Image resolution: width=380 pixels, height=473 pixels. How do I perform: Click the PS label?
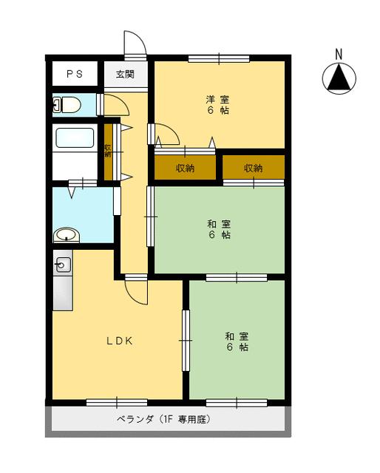point(74,74)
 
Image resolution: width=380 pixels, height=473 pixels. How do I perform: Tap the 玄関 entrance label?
point(125,74)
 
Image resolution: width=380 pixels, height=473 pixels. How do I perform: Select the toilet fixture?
point(67,105)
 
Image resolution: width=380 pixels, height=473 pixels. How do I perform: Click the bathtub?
point(75,140)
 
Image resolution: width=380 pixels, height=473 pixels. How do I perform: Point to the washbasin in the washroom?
point(67,236)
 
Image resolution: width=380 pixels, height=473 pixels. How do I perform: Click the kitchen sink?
point(61,264)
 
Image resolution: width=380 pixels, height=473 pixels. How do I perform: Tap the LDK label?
point(118,341)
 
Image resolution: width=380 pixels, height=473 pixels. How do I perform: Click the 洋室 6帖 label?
point(217,105)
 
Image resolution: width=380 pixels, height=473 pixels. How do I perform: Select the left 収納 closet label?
point(185,169)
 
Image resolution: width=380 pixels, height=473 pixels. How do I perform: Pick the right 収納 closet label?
point(253,169)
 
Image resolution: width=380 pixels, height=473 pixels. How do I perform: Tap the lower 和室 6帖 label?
point(237,341)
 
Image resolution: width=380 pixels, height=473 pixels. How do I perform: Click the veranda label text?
point(164,419)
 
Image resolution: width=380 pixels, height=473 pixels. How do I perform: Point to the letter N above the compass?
point(339,54)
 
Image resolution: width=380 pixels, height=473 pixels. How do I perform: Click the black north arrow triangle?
point(339,78)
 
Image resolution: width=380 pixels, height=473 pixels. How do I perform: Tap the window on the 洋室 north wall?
point(218,58)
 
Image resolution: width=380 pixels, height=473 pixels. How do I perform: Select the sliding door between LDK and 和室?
point(186,340)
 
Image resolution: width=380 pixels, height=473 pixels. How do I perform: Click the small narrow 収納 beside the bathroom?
point(108,152)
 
